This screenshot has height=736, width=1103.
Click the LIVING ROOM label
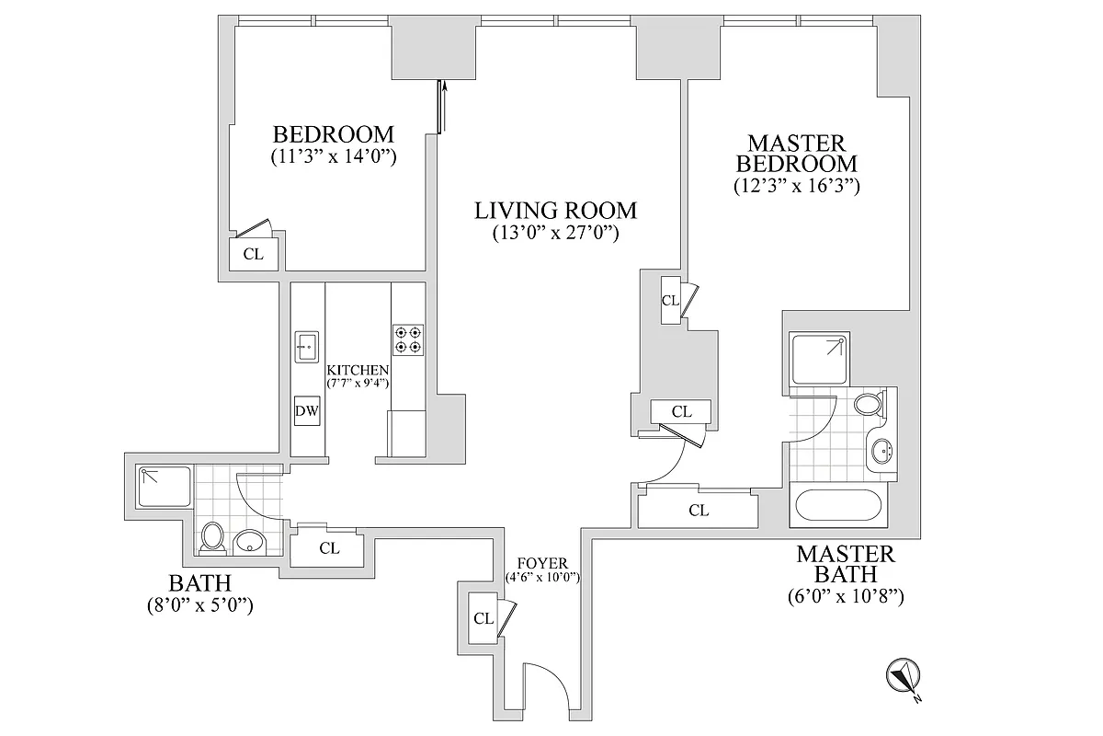555,211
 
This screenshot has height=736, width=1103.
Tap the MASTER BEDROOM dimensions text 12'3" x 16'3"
796,186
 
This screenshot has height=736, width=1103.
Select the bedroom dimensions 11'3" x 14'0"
334,156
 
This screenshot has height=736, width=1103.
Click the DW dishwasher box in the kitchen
307,411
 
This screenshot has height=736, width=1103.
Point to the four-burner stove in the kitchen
407,339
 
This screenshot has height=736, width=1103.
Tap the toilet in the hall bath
213,538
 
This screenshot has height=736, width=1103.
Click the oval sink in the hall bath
248,543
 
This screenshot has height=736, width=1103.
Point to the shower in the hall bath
164,488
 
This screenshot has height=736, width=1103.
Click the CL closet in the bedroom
253,254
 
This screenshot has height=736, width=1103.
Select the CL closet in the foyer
483,618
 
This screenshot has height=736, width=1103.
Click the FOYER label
541,564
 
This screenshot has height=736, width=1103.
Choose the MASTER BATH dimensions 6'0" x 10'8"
846,596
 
